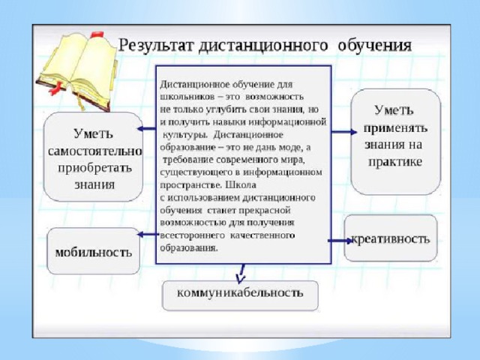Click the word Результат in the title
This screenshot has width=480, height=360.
157,46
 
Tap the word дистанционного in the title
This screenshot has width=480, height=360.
263,46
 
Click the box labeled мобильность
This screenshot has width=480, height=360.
93,251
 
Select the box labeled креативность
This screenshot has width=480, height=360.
391,238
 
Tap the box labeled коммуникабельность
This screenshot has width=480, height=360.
240,295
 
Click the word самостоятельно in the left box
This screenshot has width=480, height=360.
95,151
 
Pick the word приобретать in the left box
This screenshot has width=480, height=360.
94,169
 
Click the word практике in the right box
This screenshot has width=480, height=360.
395,162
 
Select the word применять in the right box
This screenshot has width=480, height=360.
395,128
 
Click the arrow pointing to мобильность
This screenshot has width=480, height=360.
148,235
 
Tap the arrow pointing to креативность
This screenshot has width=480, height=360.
340,241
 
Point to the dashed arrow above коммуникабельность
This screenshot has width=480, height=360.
241,274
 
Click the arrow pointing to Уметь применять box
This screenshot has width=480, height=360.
344,132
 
